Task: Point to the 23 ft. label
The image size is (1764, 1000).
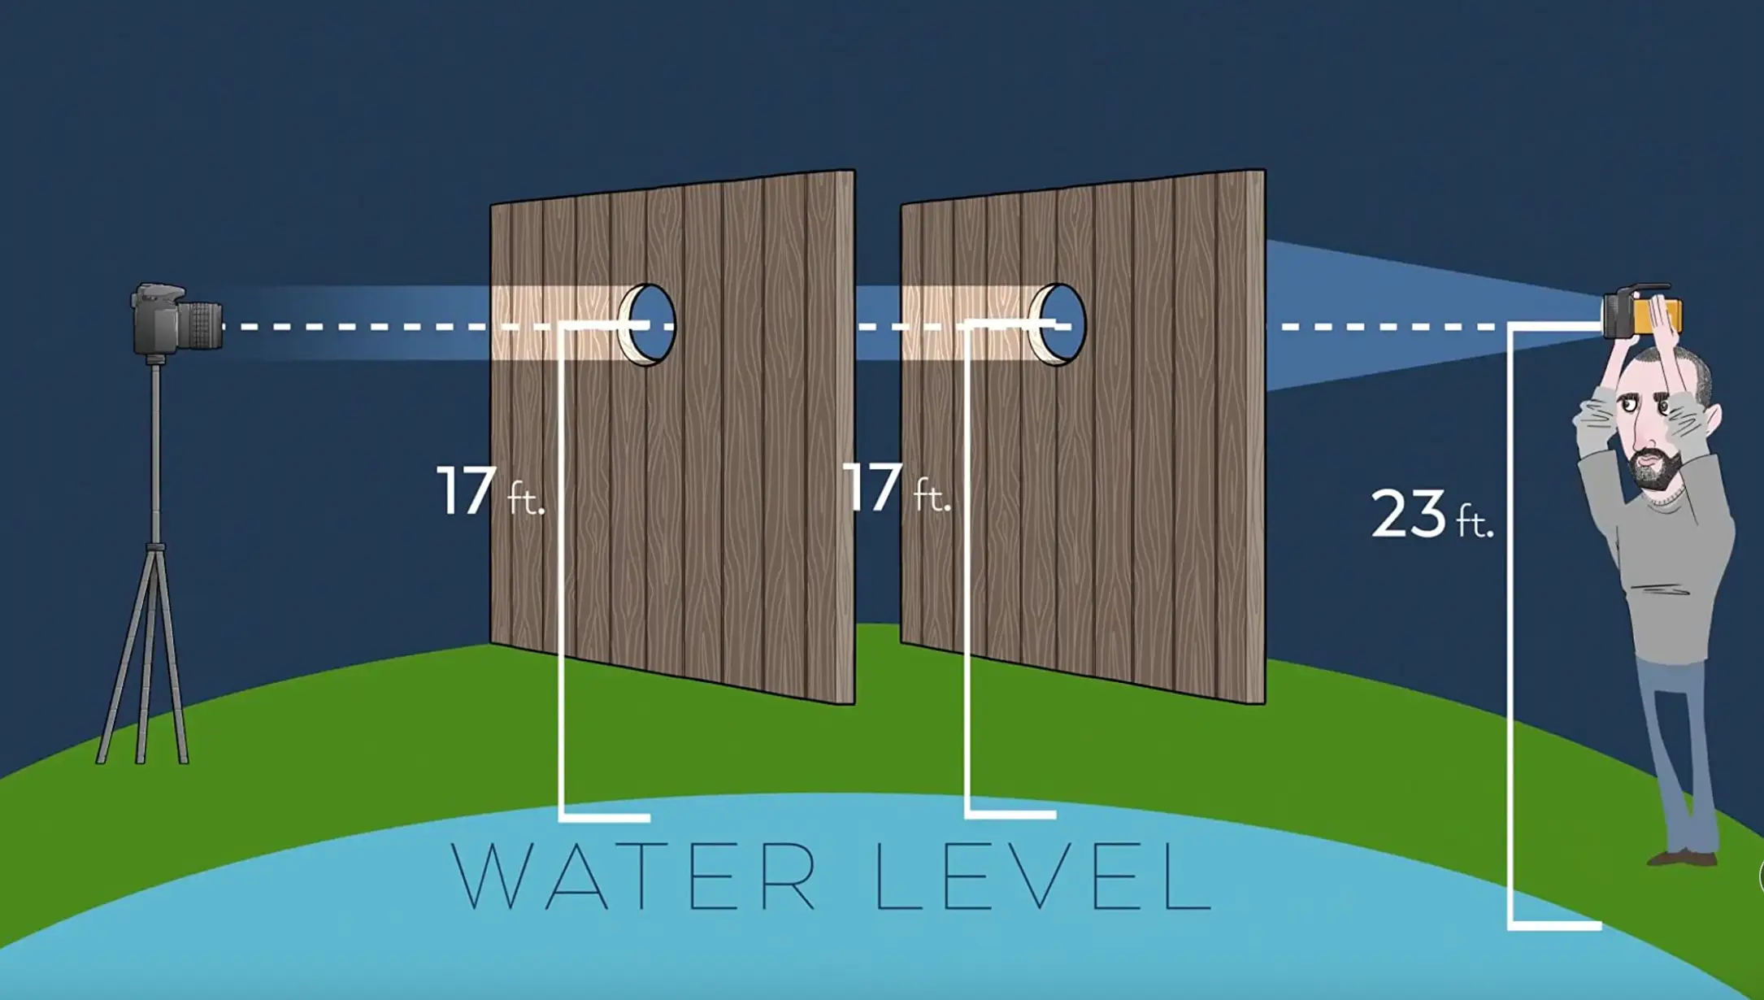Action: [x=1431, y=514]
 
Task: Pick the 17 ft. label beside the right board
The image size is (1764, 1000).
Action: [x=895, y=488]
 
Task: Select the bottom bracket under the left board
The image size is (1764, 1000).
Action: [x=605, y=816]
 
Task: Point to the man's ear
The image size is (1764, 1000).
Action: [x=1714, y=419]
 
